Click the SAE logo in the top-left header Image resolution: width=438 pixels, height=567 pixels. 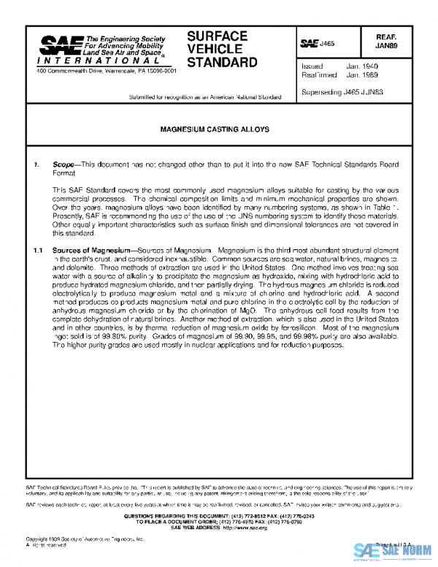[x=58, y=48]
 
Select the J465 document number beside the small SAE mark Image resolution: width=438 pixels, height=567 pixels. [x=326, y=44]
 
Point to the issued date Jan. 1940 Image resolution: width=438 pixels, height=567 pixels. [x=364, y=66]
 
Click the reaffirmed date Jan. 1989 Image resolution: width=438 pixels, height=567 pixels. [x=364, y=75]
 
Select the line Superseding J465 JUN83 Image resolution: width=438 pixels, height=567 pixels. [x=342, y=93]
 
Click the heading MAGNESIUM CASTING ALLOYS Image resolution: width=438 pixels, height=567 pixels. [x=215, y=129]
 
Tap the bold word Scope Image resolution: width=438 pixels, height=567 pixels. [x=64, y=166]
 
